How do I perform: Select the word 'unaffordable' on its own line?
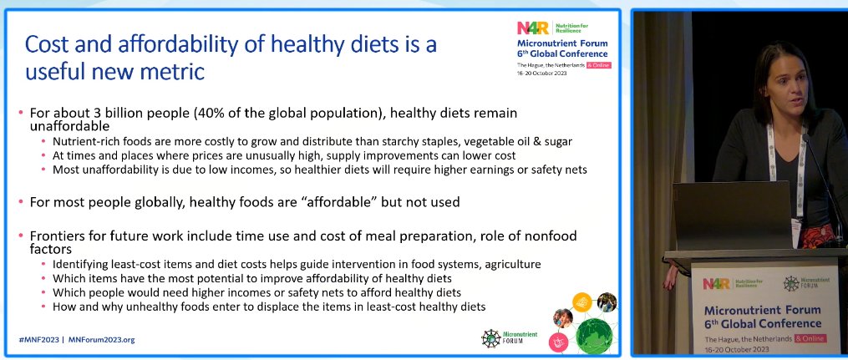(x=69, y=126)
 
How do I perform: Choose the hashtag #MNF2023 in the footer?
(x=39, y=340)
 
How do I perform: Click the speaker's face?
(x=785, y=83)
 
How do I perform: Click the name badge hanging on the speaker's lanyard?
(x=801, y=176)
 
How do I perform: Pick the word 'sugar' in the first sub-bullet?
(x=556, y=141)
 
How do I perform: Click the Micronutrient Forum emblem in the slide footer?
(x=492, y=337)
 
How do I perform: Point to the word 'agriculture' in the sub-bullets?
(x=510, y=264)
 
